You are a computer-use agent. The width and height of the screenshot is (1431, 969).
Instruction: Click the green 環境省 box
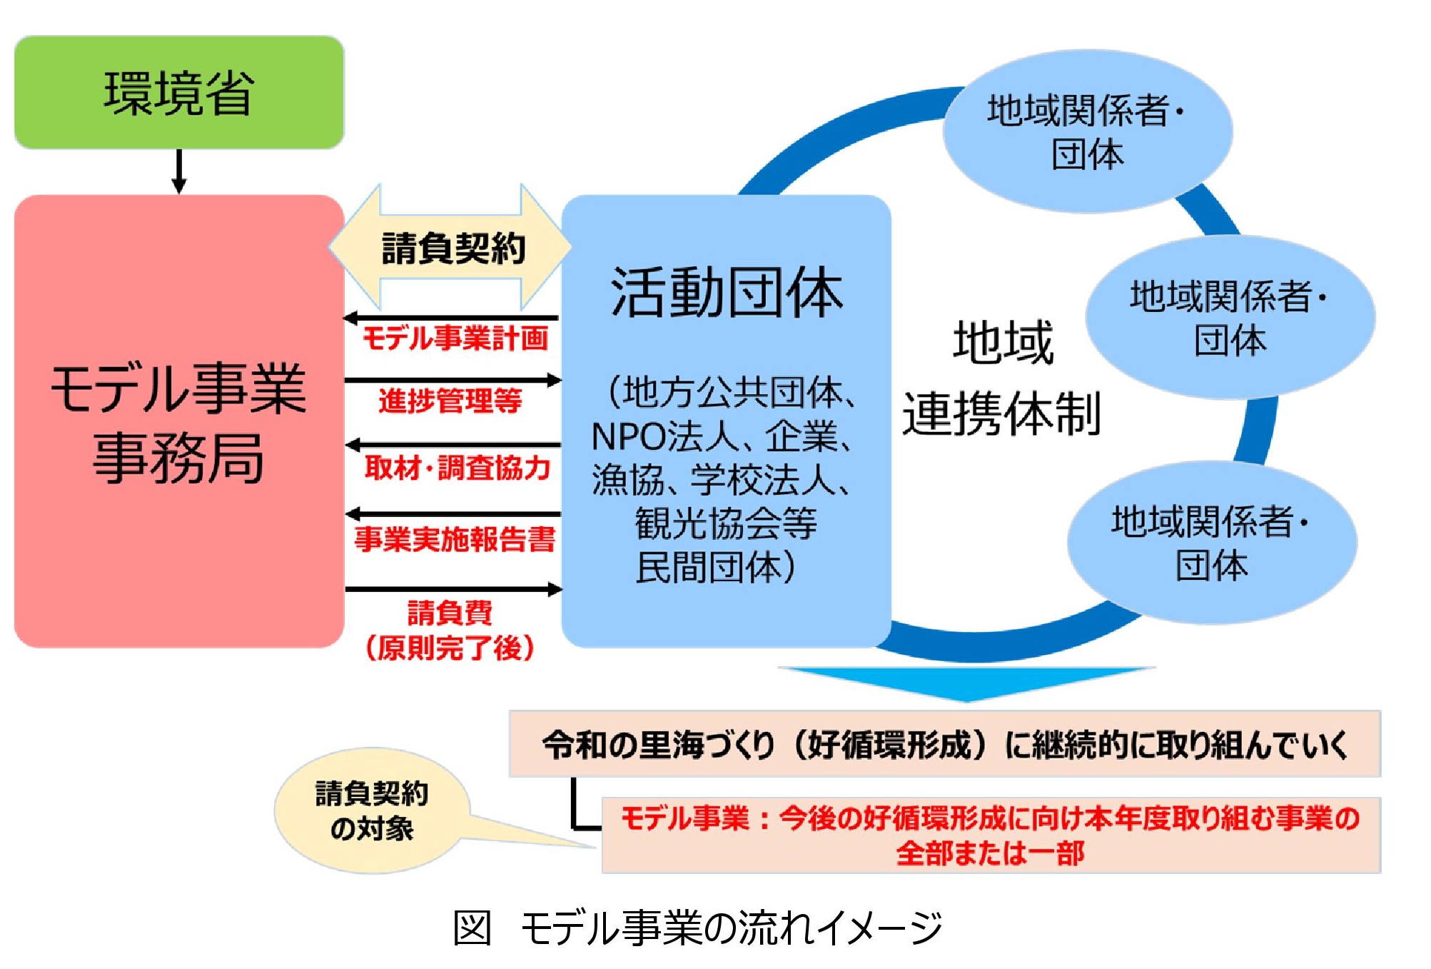(x=178, y=93)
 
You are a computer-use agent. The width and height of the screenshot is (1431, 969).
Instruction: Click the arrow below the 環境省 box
(x=179, y=171)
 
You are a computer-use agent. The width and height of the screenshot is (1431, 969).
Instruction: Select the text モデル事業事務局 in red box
(x=178, y=423)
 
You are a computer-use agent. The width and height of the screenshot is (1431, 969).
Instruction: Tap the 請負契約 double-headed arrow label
(x=452, y=248)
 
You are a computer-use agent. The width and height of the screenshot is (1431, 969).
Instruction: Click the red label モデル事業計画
(x=455, y=338)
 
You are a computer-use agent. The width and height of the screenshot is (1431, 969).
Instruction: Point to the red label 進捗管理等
(x=450, y=401)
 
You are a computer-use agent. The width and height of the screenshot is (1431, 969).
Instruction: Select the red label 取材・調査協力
(x=457, y=468)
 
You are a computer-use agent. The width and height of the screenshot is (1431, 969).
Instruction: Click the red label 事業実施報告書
(x=455, y=539)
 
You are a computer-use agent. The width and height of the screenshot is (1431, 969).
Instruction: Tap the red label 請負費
(x=450, y=613)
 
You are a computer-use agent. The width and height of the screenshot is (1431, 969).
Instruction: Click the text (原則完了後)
(x=450, y=648)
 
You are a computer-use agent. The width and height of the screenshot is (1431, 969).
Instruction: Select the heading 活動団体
(x=727, y=293)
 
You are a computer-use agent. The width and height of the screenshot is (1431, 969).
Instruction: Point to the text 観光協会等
(x=726, y=523)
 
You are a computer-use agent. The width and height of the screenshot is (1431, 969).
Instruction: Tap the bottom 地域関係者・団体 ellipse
(x=1211, y=543)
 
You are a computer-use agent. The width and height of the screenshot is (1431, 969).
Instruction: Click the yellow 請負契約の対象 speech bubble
(x=371, y=810)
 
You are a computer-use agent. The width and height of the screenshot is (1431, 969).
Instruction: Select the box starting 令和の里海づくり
(x=944, y=744)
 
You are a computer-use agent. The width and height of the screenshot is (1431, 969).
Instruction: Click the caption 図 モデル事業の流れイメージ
(x=697, y=928)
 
